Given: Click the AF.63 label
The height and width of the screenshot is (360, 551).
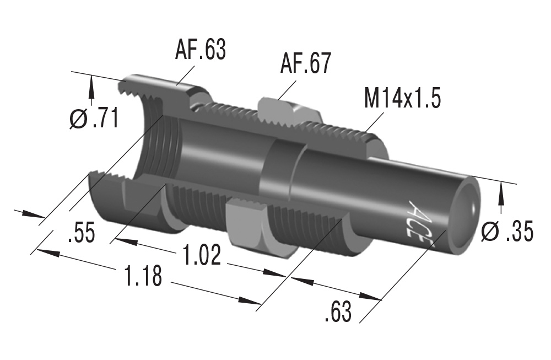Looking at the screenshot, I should [201, 50].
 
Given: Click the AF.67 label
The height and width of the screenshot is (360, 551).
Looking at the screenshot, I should [305, 64].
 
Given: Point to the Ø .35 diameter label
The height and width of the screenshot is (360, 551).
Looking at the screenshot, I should [507, 232].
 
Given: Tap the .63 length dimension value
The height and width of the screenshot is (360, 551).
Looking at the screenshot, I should [337, 313].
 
